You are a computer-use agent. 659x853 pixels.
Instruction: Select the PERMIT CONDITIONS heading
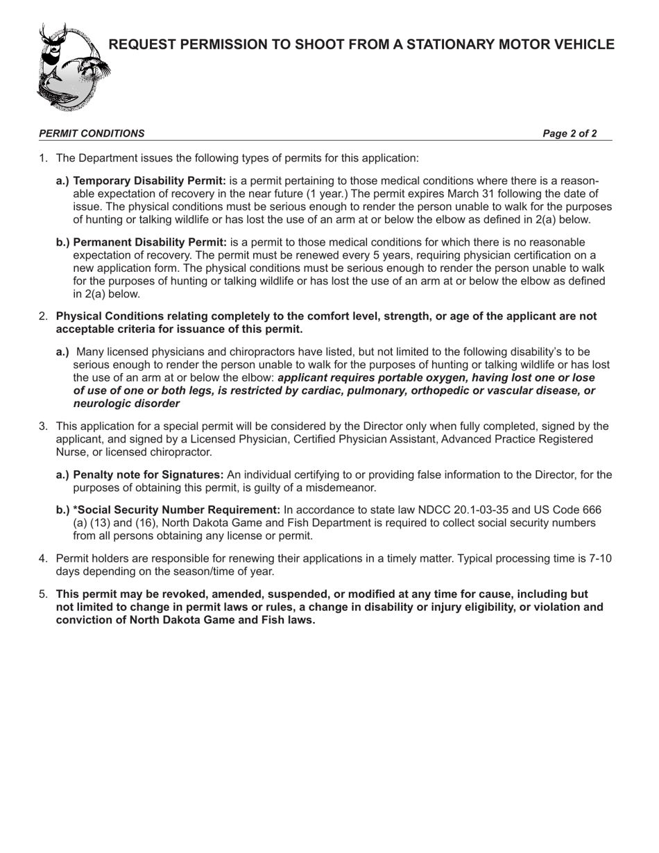click(x=92, y=134)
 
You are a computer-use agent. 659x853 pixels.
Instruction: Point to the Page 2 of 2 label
click(x=570, y=134)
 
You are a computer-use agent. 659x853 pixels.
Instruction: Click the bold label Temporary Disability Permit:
click(x=149, y=181)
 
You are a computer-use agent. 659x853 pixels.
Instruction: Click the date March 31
click(x=482, y=194)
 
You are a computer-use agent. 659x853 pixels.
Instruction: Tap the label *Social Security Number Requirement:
click(x=176, y=510)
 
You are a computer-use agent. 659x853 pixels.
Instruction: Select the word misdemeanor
click(x=339, y=488)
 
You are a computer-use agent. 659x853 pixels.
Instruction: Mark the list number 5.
click(x=43, y=594)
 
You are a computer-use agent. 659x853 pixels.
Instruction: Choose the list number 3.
click(x=43, y=426)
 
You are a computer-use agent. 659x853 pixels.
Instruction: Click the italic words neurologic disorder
click(x=126, y=404)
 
